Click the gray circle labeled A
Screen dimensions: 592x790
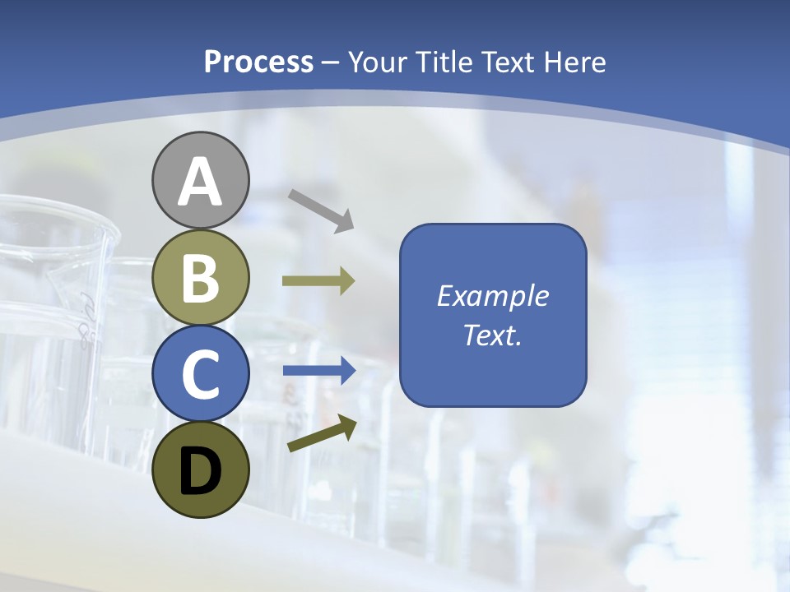click(x=200, y=180)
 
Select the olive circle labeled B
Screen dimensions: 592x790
click(x=200, y=277)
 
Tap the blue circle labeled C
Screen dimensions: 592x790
click(x=200, y=373)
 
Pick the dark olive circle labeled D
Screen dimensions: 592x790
click(x=200, y=469)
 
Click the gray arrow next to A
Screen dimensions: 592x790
click(x=320, y=210)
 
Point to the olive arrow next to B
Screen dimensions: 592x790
click(x=318, y=281)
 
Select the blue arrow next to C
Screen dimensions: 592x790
click(x=318, y=371)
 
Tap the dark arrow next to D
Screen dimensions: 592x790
click(x=321, y=434)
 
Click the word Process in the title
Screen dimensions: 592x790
click(x=258, y=62)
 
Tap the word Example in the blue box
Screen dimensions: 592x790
click(x=492, y=296)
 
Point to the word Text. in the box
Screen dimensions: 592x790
click(x=492, y=335)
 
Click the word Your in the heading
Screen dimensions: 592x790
click(x=379, y=62)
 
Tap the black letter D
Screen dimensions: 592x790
click(x=200, y=471)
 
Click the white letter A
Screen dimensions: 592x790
click(x=200, y=182)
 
